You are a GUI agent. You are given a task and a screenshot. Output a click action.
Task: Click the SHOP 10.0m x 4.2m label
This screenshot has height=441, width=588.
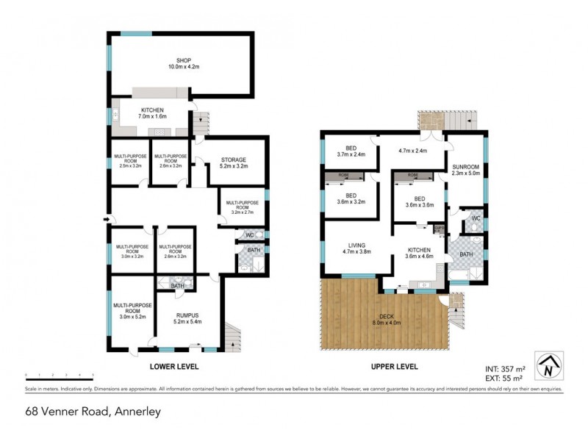[x=183, y=65]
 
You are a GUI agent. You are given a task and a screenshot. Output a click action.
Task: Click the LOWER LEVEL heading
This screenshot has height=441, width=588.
[x=174, y=366]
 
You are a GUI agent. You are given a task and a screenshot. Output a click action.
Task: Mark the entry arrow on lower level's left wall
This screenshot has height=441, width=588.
[x=109, y=218]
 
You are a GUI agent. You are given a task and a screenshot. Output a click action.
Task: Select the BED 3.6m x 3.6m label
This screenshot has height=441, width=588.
[x=420, y=202]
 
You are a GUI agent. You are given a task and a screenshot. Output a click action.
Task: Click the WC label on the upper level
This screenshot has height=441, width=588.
[x=476, y=218]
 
